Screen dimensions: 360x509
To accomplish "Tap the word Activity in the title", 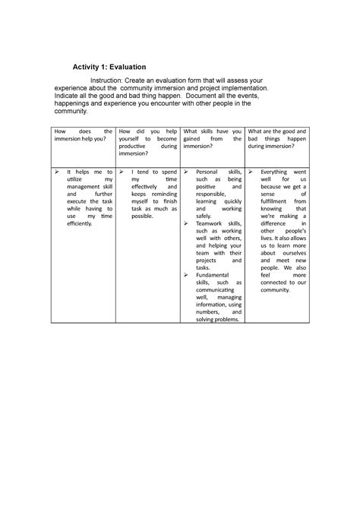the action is [87, 68].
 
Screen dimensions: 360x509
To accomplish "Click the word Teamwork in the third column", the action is [212, 225].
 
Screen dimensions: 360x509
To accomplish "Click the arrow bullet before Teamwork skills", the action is [187, 225].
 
